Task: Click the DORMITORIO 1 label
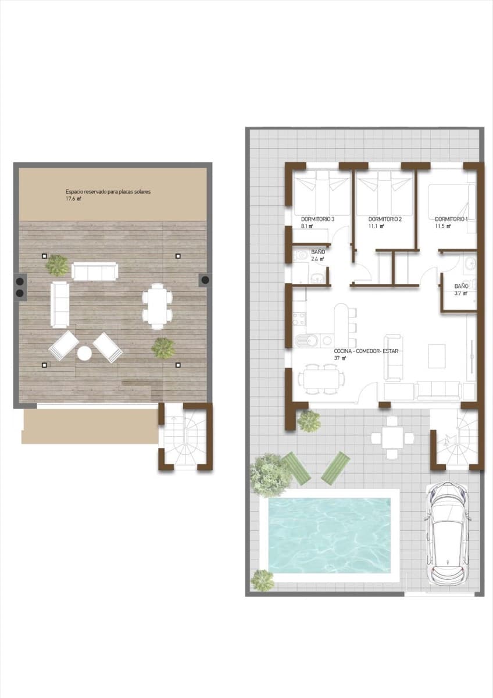(451, 219)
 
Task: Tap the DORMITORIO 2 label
(385, 219)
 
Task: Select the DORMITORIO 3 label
(317, 219)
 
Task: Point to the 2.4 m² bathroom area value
(317, 259)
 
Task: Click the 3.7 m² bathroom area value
(461, 294)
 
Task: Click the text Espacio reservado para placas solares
(108, 191)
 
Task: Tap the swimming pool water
(329, 535)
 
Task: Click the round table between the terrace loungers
(85, 352)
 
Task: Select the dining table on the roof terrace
(157, 306)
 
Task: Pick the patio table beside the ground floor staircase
(393, 437)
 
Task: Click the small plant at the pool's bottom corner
(263, 580)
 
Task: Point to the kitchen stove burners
(298, 319)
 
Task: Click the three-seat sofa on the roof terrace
(95, 272)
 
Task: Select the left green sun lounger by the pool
(298, 469)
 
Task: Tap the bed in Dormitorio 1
(451, 201)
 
